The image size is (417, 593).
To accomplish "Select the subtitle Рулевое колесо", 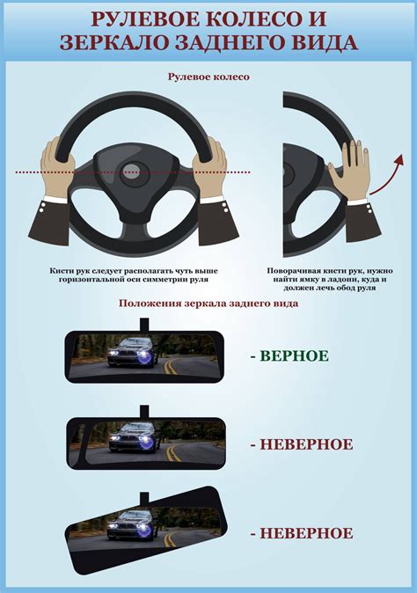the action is [x=208, y=77].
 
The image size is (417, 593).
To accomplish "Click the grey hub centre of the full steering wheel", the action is [x=132, y=169].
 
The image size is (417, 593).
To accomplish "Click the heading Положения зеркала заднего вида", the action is [x=208, y=304].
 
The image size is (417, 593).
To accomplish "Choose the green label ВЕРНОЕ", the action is [x=294, y=355].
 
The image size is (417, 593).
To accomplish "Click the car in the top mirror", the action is [x=131, y=353].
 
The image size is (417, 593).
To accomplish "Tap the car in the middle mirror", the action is [x=132, y=437].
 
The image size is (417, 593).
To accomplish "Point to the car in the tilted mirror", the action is [x=131, y=525].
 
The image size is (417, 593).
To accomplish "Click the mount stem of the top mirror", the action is [x=144, y=325].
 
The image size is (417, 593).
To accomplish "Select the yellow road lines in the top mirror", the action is [x=170, y=366].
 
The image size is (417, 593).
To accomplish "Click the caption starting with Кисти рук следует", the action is [x=134, y=275].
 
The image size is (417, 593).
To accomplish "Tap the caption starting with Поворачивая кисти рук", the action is [x=330, y=279].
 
